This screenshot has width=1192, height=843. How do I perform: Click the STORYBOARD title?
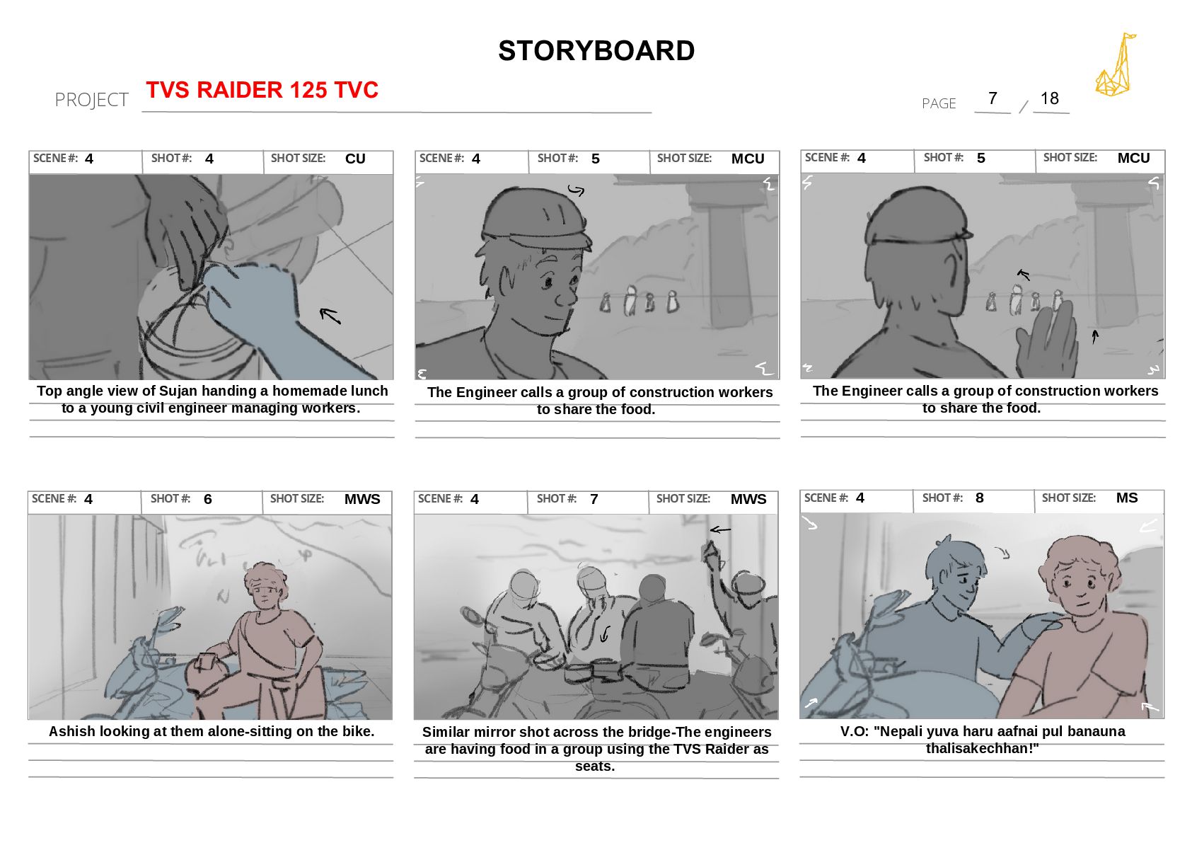click(596, 51)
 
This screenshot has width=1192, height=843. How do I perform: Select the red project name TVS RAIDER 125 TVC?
click(262, 89)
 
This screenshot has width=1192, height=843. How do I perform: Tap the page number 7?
click(993, 98)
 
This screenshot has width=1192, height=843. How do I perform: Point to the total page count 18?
click(1049, 98)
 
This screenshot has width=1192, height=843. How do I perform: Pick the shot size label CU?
click(355, 159)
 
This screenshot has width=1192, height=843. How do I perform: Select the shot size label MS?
click(1126, 498)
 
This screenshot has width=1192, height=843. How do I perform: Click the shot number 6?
click(207, 499)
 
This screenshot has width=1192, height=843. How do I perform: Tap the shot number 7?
click(594, 499)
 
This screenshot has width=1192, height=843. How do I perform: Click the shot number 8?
click(979, 498)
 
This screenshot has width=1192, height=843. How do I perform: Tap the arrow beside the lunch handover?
click(330, 316)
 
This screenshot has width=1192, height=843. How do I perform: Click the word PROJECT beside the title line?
click(91, 100)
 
